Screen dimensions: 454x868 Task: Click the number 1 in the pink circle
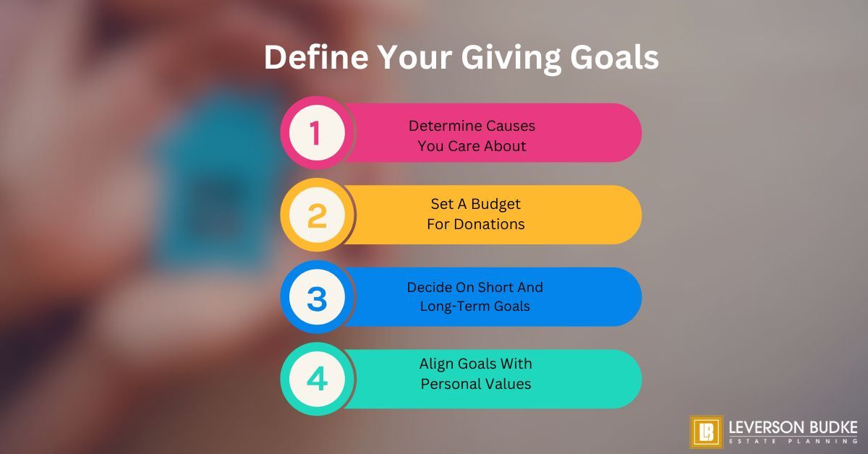point(315,133)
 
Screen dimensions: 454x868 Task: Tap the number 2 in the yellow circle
point(317,215)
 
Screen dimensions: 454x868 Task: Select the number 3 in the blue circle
point(317,297)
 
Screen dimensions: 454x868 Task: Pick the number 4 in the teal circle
point(317,380)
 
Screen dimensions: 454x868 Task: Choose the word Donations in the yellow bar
point(489,224)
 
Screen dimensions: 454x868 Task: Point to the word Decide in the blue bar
point(427,287)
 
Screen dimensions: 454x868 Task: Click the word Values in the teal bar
point(509,384)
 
